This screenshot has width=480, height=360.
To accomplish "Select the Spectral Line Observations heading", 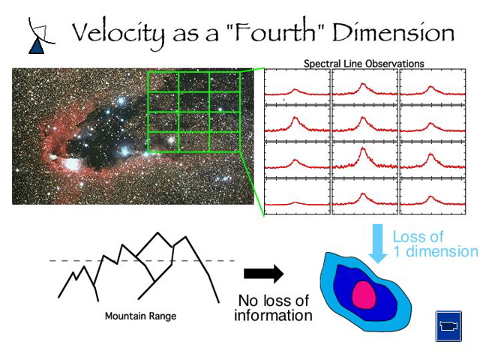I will point(364,64).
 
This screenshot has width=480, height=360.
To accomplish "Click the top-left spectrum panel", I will point(297,87).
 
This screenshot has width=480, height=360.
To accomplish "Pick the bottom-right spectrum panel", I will point(430,196).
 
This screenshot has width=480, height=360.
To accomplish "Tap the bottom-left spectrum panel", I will point(297,196).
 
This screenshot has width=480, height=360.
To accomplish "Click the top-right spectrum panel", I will point(430,87).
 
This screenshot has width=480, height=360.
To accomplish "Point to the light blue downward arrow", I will point(379,243).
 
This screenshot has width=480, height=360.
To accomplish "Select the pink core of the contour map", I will point(364,295).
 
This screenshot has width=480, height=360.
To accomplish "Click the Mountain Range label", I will point(141,316).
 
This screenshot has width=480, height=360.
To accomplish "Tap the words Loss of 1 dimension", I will point(433,244).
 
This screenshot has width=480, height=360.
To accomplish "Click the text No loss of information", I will point(273,307).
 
